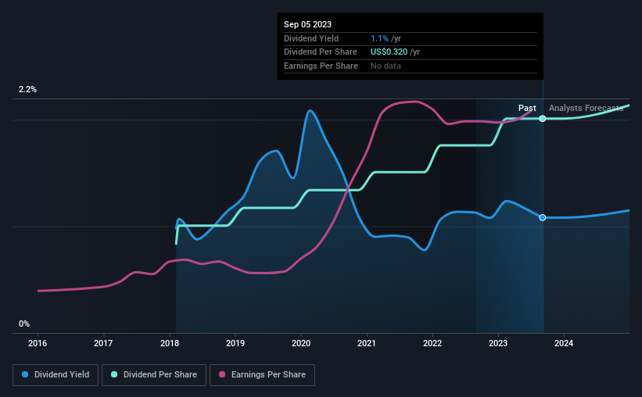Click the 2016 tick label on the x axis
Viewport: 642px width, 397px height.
[38, 342]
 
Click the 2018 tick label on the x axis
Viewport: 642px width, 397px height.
[170, 342]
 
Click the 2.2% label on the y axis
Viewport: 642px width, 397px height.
[27, 90]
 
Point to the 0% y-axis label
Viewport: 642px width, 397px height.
[24, 324]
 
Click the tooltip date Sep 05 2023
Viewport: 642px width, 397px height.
[307, 24]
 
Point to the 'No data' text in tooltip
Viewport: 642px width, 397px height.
[386, 66]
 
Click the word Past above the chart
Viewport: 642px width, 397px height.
[527, 108]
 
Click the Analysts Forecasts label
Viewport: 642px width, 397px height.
[586, 108]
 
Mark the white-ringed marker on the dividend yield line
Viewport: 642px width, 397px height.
[543, 217]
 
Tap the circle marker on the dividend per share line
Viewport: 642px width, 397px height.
[543, 119]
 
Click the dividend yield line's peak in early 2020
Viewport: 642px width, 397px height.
[310, 110]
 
